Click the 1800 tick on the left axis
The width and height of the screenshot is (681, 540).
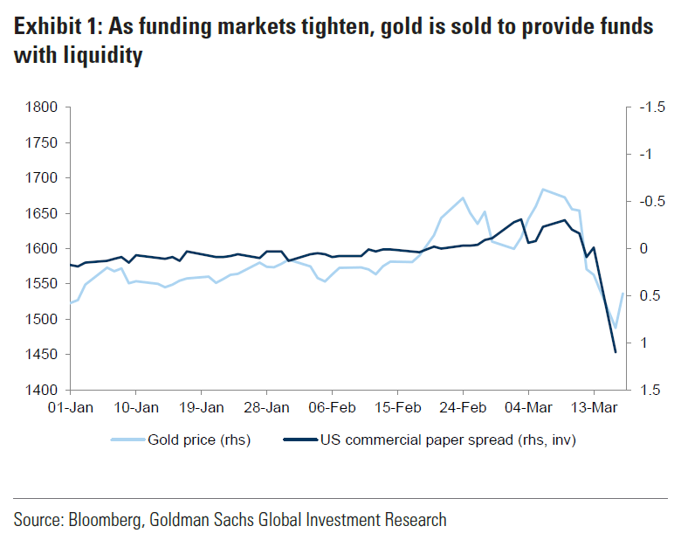[x=40, y=107]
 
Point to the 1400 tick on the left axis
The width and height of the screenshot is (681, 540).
[x=40, y=390]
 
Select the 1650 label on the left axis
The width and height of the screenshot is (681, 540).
[x=40, y=213]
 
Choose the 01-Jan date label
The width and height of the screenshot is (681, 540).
[x=70, y=407]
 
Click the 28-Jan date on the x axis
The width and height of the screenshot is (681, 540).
[x=266, y=407]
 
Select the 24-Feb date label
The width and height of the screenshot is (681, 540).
[x=463, y=407]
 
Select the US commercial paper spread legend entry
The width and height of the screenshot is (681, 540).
[x=446, y=440]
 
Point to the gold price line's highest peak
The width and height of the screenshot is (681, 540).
[x=543, y=189]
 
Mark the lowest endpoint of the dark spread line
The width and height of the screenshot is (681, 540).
[x=616, y=352]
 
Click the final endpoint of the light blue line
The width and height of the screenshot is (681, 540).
[x=623, y=294]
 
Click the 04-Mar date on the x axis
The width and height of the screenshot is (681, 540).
[x=528, y=407]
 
